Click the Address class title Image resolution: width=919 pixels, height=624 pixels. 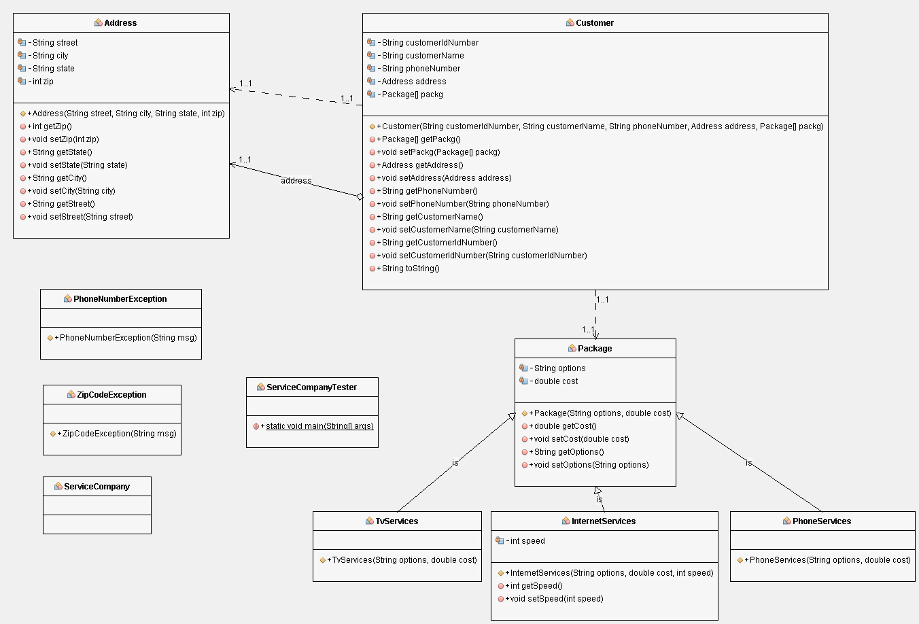click(x=120, y=23)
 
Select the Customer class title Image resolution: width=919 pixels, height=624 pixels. click(x=594, y=23)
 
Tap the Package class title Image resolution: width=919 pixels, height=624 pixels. click(x=595, y=349)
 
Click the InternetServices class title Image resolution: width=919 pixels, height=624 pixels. click(x=603, y=521)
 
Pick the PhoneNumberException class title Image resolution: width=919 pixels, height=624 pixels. click(x=120, y=299)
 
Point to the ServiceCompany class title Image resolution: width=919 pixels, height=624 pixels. click(x=97, y=487)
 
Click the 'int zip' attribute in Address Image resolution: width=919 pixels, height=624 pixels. click(x=42, y=82)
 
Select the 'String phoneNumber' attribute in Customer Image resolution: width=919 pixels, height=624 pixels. click(x=421, y=69)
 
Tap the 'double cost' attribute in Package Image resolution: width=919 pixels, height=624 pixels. click(x=555, y=381)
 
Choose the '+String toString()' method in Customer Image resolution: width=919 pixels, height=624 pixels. click(x=410, y=268)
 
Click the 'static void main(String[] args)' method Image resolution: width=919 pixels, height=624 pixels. click(x=319, y=426)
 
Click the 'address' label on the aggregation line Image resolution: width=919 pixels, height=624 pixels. click(x=296, y=181)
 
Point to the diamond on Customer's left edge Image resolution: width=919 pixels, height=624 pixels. click(x=360, y=197)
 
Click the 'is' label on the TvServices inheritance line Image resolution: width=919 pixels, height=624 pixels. click(x=455, y=463)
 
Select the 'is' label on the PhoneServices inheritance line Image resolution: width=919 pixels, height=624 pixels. click(x=748, y=463)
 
